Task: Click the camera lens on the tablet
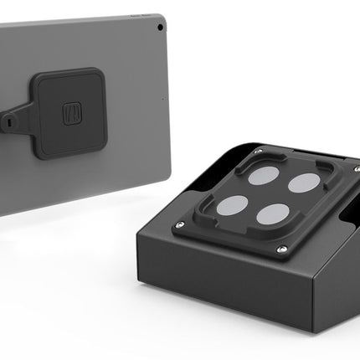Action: pos(160,27)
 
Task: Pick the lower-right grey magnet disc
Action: pos(273,215)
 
